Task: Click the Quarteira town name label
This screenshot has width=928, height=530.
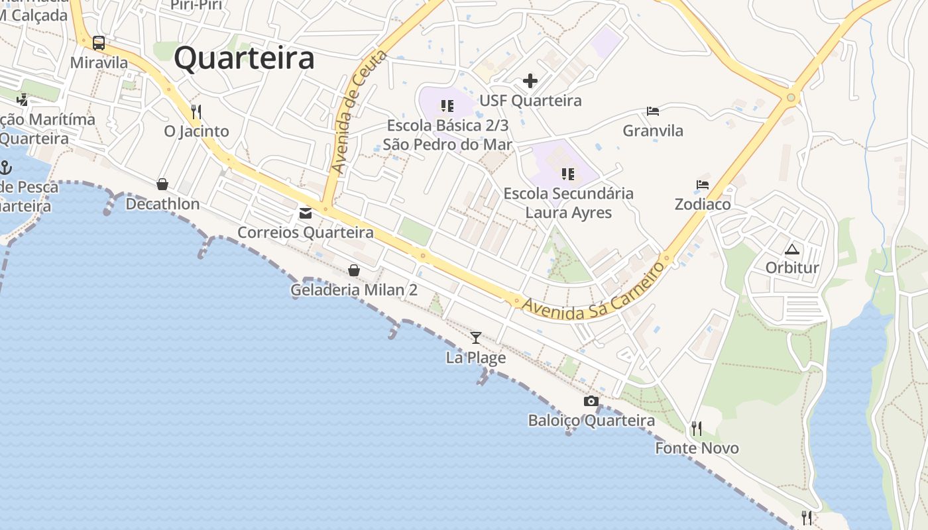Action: click(244, 58)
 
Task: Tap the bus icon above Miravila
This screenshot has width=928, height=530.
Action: click(99, 43)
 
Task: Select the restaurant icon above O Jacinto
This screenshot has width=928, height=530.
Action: click(196, 111)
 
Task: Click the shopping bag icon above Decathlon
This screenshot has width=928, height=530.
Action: click(162, 184)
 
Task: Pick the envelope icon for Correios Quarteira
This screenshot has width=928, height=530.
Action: click(306, 213)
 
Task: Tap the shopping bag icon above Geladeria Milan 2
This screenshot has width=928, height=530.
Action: click(354, 270)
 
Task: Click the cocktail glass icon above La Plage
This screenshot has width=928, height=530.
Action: click(476, 338)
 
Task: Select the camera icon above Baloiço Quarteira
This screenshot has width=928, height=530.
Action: click(591, 401)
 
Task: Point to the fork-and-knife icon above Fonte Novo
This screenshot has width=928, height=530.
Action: click(696, 429)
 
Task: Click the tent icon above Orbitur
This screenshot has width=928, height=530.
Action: click(791, 249)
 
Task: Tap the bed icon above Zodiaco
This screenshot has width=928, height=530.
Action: click(703, 185)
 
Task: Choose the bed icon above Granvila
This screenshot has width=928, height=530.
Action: click(653, 111)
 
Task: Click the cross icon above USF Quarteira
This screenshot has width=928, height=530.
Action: click(530, 81)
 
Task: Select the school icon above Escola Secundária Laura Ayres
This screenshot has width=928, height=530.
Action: click(568, 174)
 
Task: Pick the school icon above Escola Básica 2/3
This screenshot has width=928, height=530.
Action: click(447, 106)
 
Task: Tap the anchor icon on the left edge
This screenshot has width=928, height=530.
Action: click(6, 167)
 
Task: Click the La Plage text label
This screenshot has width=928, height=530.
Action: click(476, 358)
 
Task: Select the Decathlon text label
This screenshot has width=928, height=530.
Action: click(162, 204)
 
